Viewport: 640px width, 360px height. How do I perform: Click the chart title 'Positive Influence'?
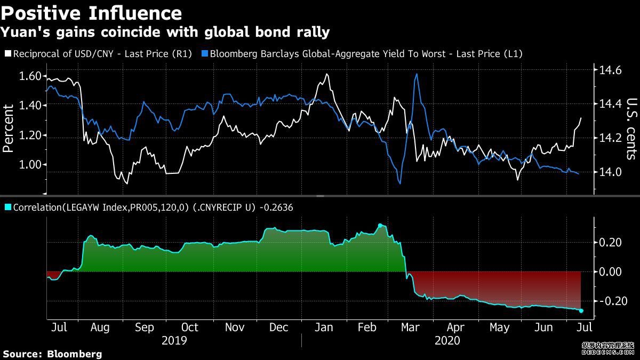pos(91,12)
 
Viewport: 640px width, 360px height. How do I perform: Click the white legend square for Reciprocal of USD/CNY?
pos(7,54)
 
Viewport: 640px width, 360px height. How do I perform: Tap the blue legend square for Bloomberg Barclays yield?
pos(204,54)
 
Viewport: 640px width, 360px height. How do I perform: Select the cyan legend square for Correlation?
pos(7,207)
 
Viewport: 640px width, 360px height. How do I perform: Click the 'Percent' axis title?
pos(9,129)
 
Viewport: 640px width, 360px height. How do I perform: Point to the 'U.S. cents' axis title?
pos(631,129)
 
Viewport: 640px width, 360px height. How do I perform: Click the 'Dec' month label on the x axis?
pos(279,327)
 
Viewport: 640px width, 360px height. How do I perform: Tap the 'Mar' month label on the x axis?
pos(411,327)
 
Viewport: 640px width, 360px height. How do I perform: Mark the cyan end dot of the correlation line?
pos(581,310)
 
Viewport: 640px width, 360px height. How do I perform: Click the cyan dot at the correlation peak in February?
pos(380,226)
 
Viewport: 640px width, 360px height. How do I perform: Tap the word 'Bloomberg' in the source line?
pos(75,354)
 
